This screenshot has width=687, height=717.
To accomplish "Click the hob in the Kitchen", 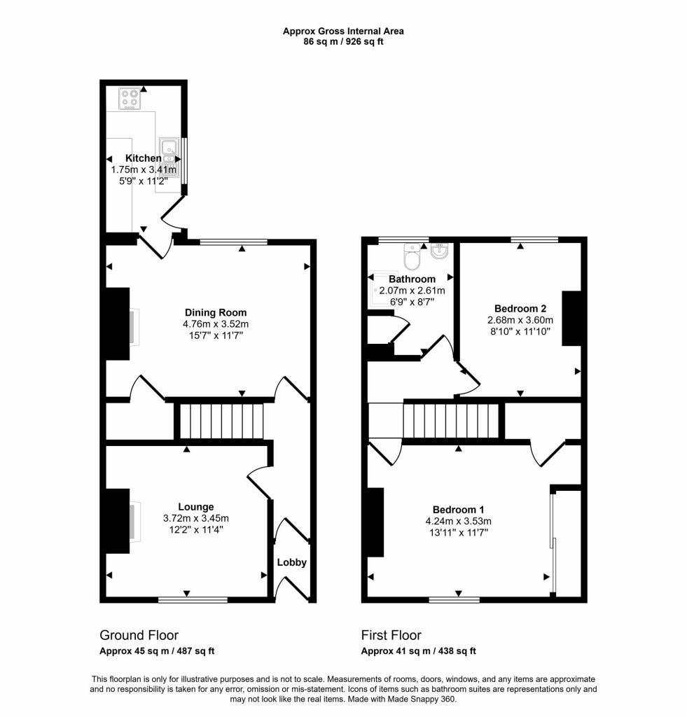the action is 130,99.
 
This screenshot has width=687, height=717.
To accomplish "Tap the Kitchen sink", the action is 169,158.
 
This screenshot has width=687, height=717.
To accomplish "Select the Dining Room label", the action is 216,313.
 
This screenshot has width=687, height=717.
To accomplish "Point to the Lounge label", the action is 196,507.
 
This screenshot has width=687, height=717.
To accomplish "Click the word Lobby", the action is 292,562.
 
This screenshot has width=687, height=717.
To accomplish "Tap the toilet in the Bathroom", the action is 412,257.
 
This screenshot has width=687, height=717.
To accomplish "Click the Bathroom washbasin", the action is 440,251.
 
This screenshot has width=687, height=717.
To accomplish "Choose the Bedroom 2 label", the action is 520,309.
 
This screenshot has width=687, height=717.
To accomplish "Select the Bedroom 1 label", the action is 458,510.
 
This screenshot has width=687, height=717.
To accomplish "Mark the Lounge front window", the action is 193,599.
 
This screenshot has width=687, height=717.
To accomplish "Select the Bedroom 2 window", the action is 535,239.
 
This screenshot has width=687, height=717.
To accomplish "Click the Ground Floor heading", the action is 139,635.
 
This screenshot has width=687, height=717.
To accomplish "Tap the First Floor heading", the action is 391,635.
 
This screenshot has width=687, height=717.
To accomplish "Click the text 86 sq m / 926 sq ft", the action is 343,41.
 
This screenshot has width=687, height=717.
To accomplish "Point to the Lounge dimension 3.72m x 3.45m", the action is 196,519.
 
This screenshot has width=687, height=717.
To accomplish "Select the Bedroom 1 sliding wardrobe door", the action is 553,543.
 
